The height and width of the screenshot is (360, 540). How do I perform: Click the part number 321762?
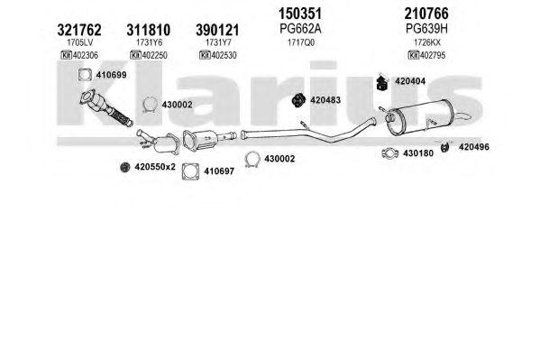(x=79, y=30)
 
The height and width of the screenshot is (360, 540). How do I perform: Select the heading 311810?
(x=149, y=30)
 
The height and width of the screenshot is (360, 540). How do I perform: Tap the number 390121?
(x=217, y=30)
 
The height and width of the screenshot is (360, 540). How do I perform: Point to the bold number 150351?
(x=300, y=14)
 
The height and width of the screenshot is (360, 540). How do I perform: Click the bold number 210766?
(x=426, y=14)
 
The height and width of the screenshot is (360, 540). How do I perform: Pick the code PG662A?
(x=300, y=29)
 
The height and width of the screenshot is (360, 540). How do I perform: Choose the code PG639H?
(x=426, y=29)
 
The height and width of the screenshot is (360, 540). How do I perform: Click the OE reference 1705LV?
(x=80, y=42)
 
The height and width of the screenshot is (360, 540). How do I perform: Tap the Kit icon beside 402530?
(x=205, y=55)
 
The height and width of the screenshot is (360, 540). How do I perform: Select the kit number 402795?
(x=432, y=55)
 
